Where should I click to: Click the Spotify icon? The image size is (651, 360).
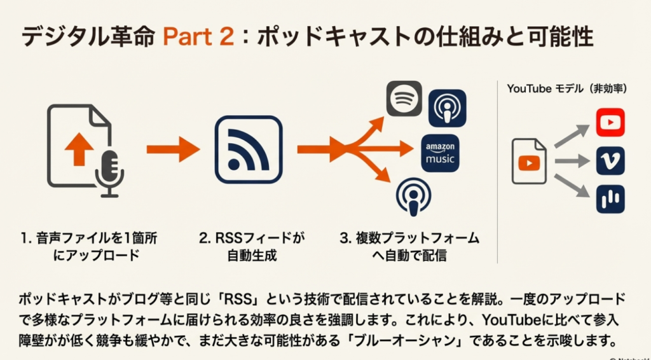[404, 98]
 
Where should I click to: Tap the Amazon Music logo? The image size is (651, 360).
[440, 153]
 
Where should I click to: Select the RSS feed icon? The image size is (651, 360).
[248, 149]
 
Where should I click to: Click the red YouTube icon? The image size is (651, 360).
[610, 122]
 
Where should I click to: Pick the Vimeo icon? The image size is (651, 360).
[610, 161]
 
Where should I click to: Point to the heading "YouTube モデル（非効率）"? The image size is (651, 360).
[567, 89]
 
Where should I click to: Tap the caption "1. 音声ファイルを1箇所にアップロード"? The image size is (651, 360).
[88, 247]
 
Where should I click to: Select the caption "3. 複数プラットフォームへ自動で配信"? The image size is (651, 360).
[409, 247]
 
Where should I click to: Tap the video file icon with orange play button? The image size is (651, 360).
[529, 162]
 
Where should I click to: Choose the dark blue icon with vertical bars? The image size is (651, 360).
[610, 199]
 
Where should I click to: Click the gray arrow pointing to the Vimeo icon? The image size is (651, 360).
[572, 162]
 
